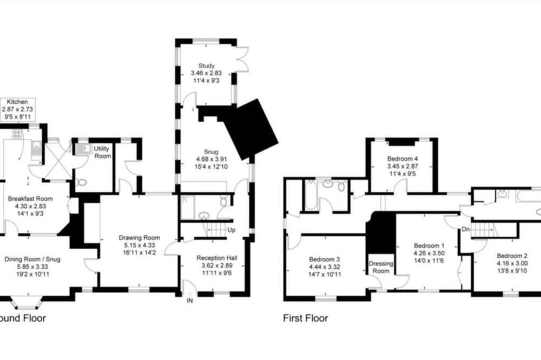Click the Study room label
tap(206, 65)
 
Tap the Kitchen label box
tap(17, 109)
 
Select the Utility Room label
tap(102, 152)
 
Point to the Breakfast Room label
tap(30, 198)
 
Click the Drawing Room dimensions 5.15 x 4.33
tap(140, 245)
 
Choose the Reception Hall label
tap(217, 258)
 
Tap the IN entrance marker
tap(190, 301)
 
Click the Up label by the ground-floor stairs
tap(232, 230)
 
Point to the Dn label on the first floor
tap(465, 229)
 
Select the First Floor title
tap(305, 318)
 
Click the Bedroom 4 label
tap(403, 158)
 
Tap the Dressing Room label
tap(381, 267)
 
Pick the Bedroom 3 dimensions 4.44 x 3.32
tap(324, 266)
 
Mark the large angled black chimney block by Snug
tap(250, 129)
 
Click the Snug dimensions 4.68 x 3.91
tap(211, 159)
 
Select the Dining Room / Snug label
tap(32, 259)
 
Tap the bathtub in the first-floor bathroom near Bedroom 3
tap(311, 195)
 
